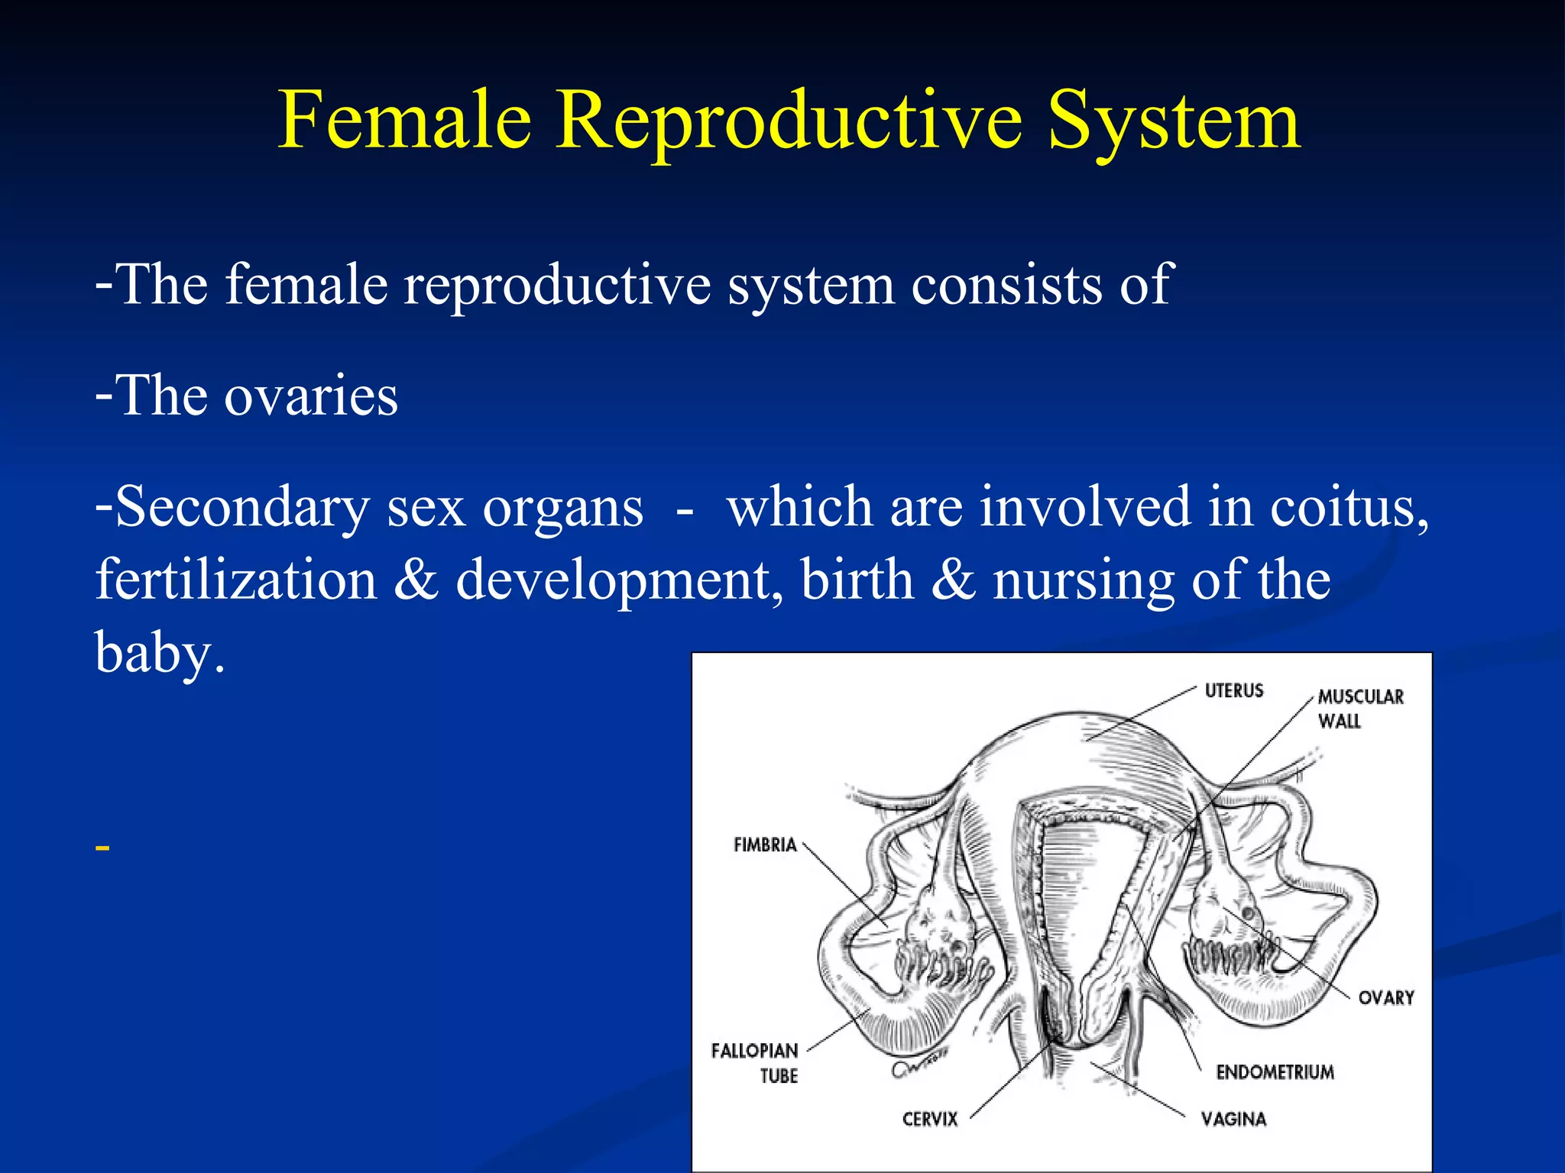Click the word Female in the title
(404, 121)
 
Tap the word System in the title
(1173, 121)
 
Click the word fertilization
(236, 580)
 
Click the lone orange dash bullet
(102, 848)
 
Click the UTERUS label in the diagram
(1233, 690)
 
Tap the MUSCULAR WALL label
(1359, 708)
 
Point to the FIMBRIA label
(765, 845)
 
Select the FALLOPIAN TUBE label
(755, 1062)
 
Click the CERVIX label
(929, 1119)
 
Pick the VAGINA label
(1233, 1119)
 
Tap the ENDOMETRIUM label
(1275, 1072)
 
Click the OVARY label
(1385, 997)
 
